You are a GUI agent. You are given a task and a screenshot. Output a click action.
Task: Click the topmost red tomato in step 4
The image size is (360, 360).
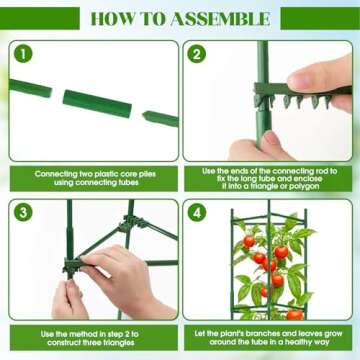coord(250,240)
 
